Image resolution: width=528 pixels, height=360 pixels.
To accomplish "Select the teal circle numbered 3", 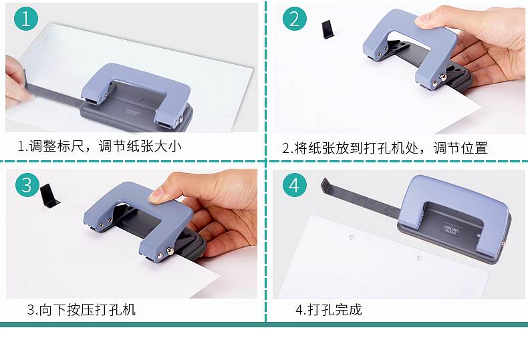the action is coord(27,185).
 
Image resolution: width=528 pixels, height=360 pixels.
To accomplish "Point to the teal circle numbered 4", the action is coord(294,185).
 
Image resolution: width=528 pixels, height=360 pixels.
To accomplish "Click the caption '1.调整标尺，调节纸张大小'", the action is coord(100,146).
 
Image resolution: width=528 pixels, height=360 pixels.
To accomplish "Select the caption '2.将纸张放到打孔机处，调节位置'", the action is coord(385,148).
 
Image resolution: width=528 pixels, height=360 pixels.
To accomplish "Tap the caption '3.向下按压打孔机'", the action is coord(81,309).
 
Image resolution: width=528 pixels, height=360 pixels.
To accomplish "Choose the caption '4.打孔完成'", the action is coord(329,309).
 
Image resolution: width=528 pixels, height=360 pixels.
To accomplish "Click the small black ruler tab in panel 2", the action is coord(327,29).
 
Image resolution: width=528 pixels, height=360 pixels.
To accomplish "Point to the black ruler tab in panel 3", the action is coord(49,196).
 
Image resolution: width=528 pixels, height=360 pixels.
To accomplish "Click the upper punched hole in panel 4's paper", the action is coord(351,237).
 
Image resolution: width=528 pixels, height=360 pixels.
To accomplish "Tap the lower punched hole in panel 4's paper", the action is coord(419,258).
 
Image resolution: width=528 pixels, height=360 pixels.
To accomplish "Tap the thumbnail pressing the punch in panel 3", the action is coord(155,195).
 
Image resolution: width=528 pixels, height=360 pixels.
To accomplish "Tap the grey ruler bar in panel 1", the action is coord(54,94).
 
